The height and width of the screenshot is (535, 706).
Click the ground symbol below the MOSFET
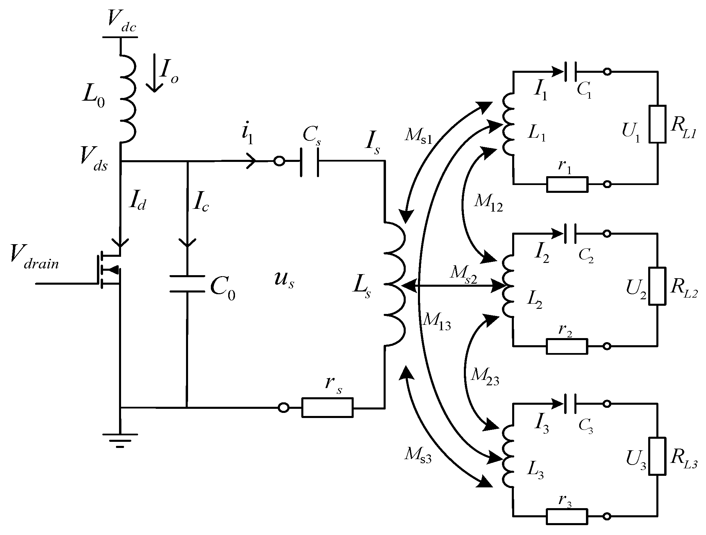coord(120,440)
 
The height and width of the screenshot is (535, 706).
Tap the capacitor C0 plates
coord(187,284)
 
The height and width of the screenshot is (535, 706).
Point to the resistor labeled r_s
coord(327,407)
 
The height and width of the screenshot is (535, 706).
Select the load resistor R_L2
coord(657,286)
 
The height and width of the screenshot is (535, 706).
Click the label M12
coord(488,204)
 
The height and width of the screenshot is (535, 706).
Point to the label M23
coord(485,377)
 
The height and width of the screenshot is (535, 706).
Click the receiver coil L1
coord(508,130)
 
